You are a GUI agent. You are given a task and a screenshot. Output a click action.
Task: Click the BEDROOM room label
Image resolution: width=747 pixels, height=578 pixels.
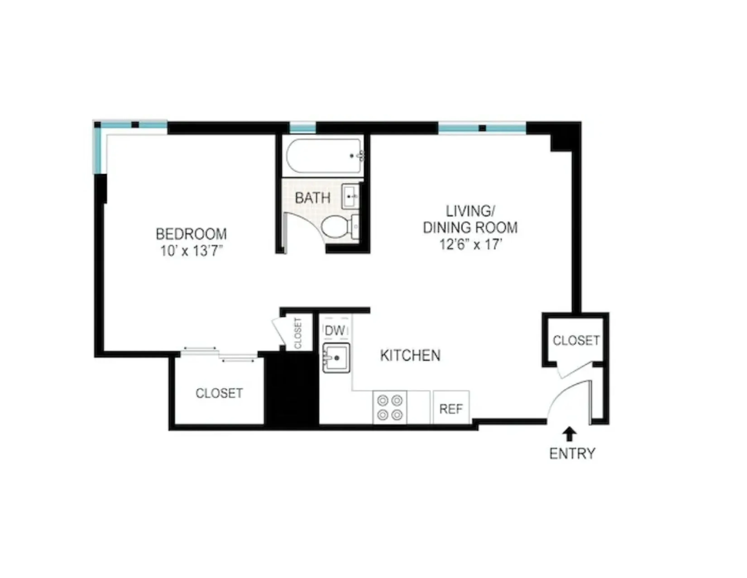tap(191, 234)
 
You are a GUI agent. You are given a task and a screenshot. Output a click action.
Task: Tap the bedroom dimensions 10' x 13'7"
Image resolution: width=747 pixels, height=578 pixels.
tap(191, 252)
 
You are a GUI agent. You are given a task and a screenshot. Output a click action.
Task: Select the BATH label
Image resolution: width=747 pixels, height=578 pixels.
tap(312, 198)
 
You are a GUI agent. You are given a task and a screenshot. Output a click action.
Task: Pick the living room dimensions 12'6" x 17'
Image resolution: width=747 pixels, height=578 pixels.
tap(470, 245)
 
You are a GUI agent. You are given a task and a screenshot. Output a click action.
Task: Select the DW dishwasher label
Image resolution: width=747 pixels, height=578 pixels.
tap(335, 331)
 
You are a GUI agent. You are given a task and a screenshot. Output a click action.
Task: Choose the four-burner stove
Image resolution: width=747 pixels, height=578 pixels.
tap(390, 408)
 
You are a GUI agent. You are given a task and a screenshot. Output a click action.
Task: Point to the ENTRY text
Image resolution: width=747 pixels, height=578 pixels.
tap(572, 454)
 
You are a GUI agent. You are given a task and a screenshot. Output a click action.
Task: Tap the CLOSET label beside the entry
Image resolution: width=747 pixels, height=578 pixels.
tap(576, 340)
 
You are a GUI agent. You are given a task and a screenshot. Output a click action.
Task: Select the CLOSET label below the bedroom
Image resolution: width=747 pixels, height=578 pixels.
tap(219, 393)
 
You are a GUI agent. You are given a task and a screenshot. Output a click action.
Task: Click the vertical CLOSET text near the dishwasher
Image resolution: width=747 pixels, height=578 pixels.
tap(298, 333)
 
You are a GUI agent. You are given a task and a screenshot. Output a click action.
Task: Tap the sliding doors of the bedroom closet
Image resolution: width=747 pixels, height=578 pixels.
tap(219, 354)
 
